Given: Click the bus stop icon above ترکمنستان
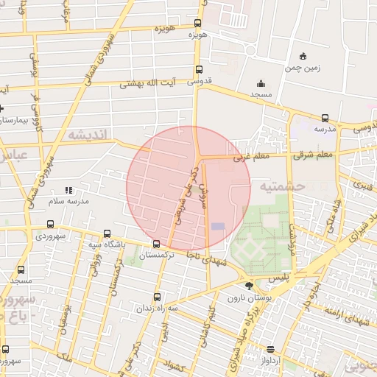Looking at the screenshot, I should coord(156,244).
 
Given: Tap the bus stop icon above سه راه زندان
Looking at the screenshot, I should coord(156,297).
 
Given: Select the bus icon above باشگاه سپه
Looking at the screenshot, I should coord(108,233).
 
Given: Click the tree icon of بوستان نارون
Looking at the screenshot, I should coord(248,286).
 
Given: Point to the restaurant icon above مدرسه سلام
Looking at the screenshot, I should coord(68,190).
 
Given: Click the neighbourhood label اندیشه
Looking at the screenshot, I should coord(88,134).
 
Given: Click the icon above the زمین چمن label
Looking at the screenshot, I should coord(303,56).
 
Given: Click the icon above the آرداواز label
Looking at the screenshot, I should coord(271,349).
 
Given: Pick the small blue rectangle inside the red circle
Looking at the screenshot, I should coord(218,226).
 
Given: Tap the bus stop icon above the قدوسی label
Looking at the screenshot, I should coord(198,71).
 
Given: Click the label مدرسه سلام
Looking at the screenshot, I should coord(68,201).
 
